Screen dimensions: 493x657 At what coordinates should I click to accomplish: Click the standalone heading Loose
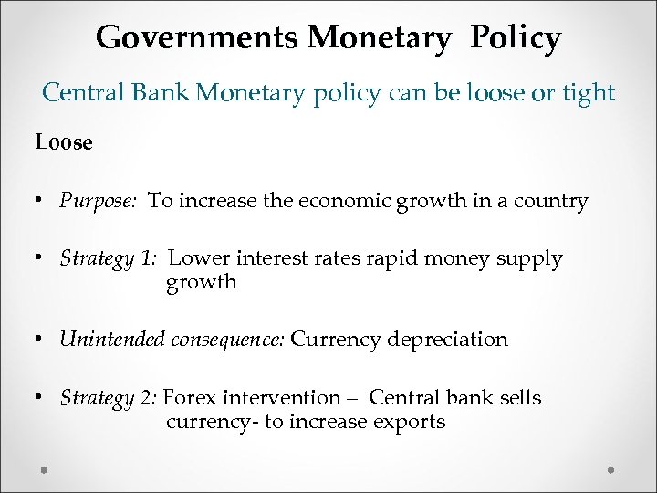click(64, 143)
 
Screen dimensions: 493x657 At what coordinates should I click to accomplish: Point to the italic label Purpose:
click(99, 201)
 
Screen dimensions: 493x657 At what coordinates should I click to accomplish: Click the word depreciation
click(447, 340)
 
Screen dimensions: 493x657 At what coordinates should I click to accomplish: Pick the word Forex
click(193, 398)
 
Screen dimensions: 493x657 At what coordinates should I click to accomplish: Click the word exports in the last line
click(414, 422)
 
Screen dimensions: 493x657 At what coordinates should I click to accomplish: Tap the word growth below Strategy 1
click(202, 282)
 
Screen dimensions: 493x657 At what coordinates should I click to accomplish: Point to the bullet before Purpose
click(42, 201)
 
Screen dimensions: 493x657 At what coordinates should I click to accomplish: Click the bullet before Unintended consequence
click(42, 340)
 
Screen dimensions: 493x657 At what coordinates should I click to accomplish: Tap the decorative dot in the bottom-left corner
click(45, 470)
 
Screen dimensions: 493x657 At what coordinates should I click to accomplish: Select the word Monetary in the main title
click(379, 38)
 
